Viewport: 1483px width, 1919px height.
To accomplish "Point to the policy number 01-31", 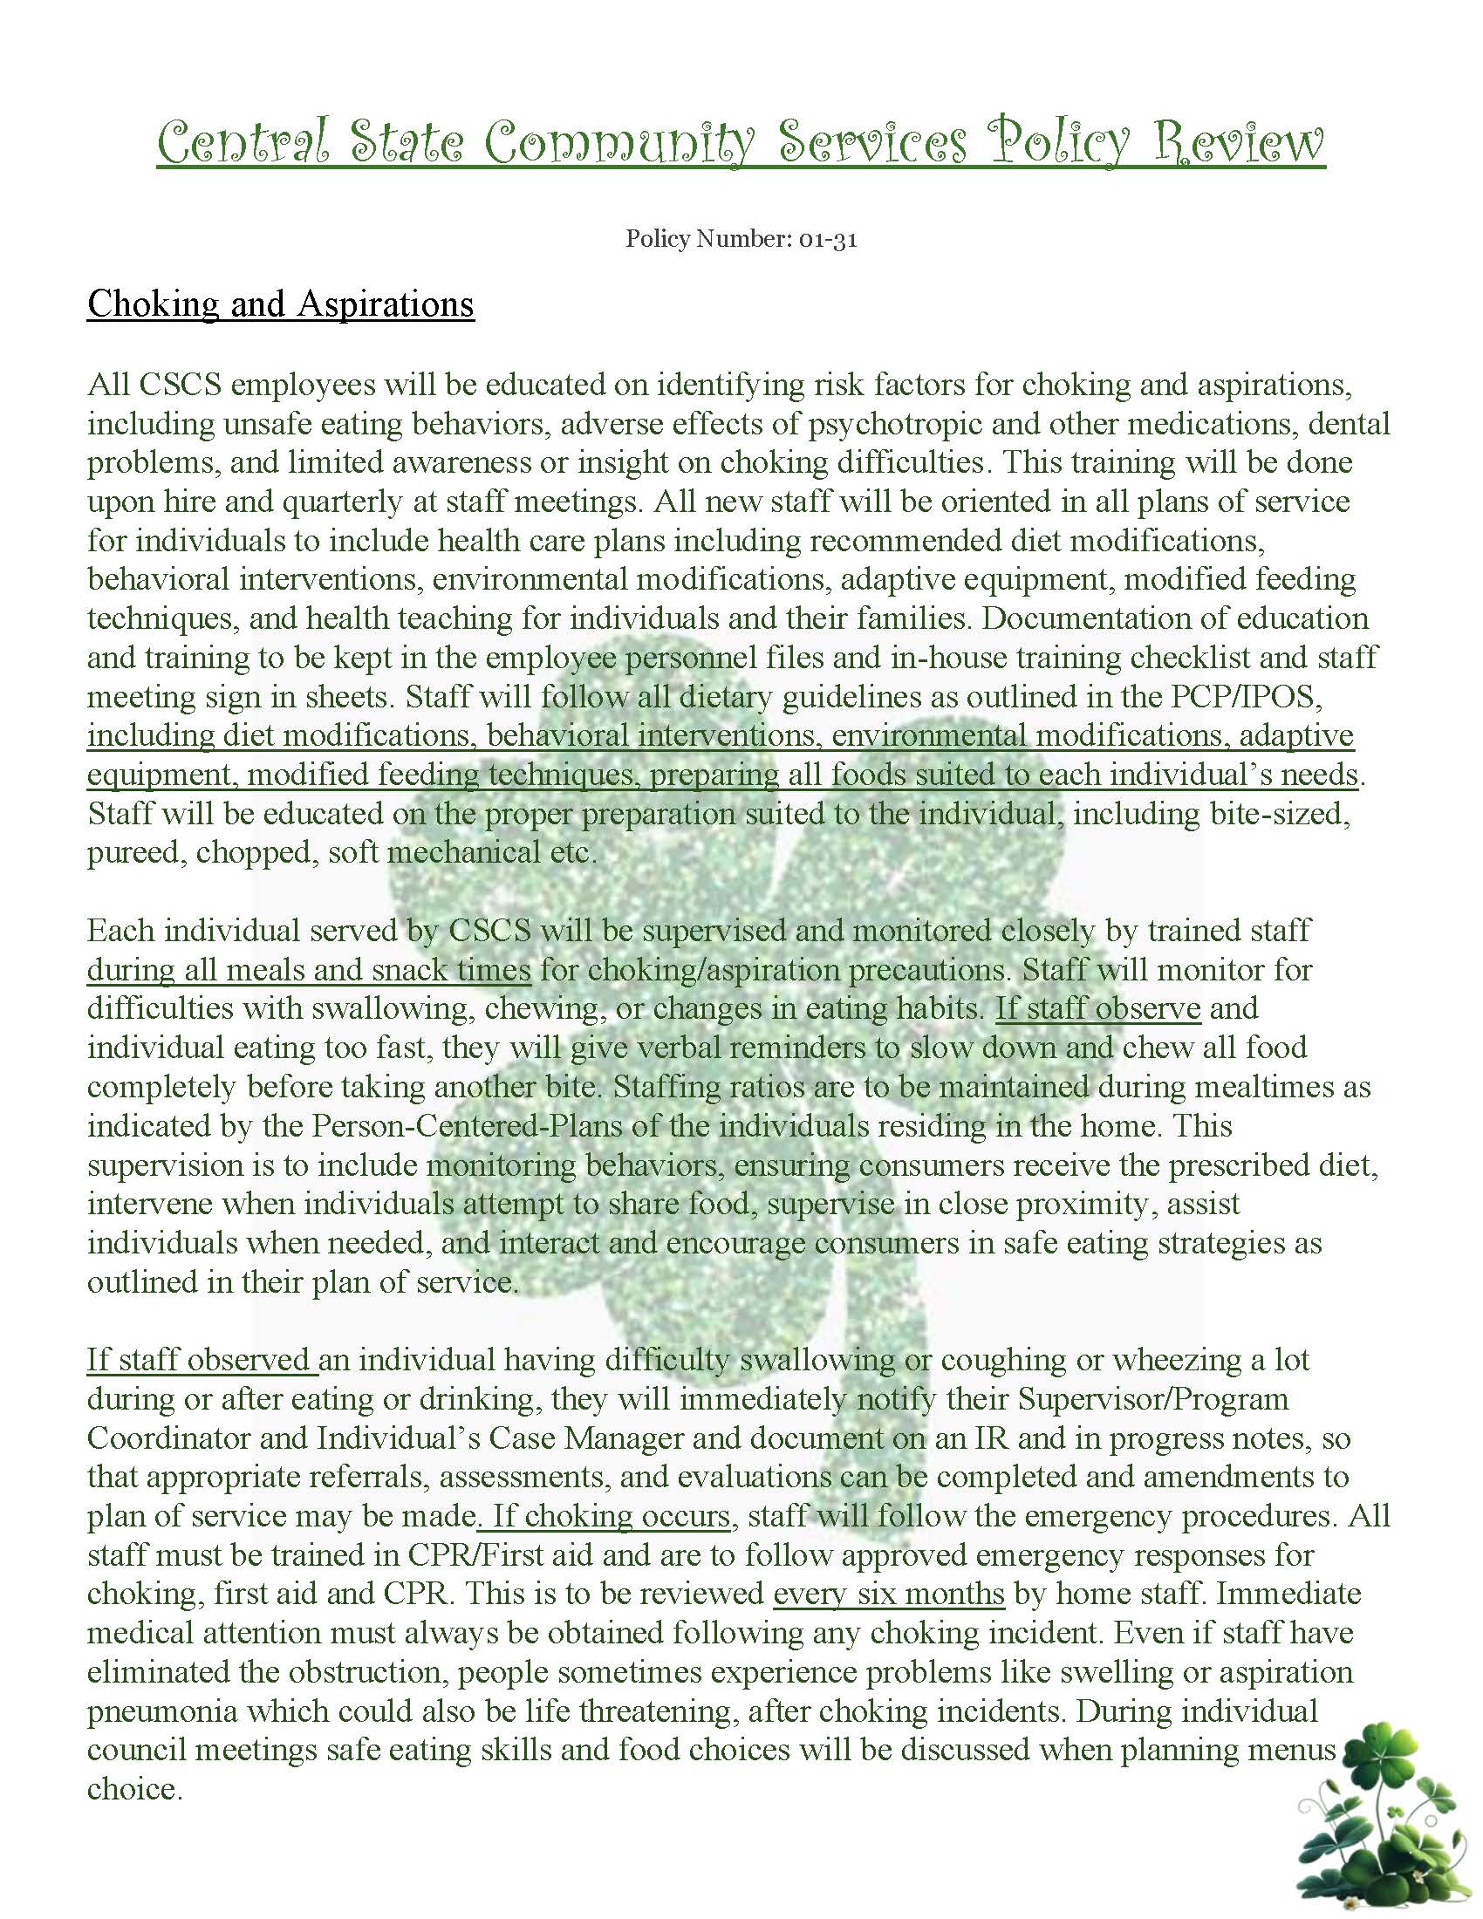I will tap(828, 240).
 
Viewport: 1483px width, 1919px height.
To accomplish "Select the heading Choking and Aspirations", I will tap(280, 304).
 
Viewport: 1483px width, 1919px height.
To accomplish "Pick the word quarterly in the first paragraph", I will tap(277, 502).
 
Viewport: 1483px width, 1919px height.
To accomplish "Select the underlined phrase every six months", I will tap(888, 1594).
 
